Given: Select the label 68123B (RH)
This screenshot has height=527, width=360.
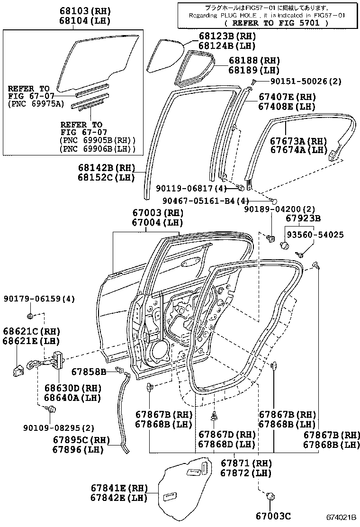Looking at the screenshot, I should [x=227, y=36].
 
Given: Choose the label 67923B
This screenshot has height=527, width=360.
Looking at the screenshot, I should [x=303, y=218].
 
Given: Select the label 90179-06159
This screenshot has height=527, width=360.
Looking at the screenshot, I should [x=39, y=299].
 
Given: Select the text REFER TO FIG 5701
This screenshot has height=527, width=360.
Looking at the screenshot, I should [x=270, y=22].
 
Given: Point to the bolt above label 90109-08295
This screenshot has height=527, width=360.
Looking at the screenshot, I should [x=48, y=409].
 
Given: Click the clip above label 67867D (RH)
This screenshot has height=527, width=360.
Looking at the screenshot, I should [x=214, y=417].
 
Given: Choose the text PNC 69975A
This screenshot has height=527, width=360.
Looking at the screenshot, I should [x=36, y=104].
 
